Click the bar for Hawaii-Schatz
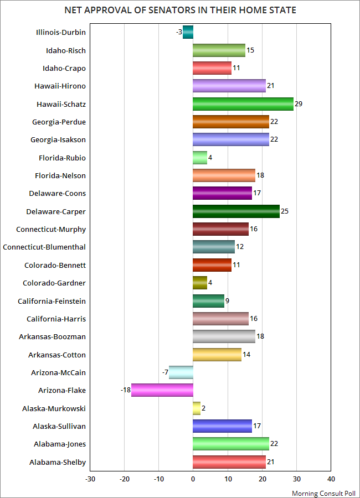point(243,104)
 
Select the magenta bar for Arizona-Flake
point(162,391)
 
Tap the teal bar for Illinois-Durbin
point(188,33)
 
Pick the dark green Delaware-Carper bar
point(236,211)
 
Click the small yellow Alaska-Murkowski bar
point(197,408)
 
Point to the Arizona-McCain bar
point(181,372)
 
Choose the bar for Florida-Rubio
point(200,158)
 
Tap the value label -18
point(125,391)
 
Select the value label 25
point(285,211)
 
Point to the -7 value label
point(165,372)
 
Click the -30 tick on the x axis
point(90,479)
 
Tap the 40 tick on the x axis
point(331,479)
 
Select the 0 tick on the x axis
point(193,479)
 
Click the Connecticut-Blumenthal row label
point(44,247)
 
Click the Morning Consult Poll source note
point(323,492)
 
